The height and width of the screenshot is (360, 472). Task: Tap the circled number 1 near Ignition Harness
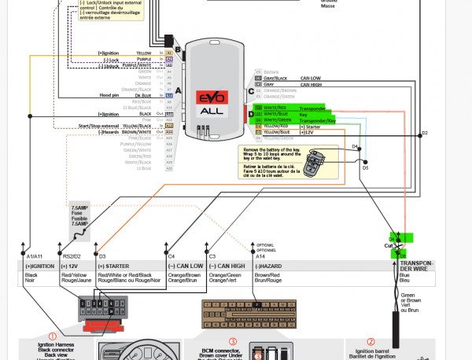coord(53,336)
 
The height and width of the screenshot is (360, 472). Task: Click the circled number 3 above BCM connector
coord(233,320)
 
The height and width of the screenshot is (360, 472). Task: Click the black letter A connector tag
coord(178,90)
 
